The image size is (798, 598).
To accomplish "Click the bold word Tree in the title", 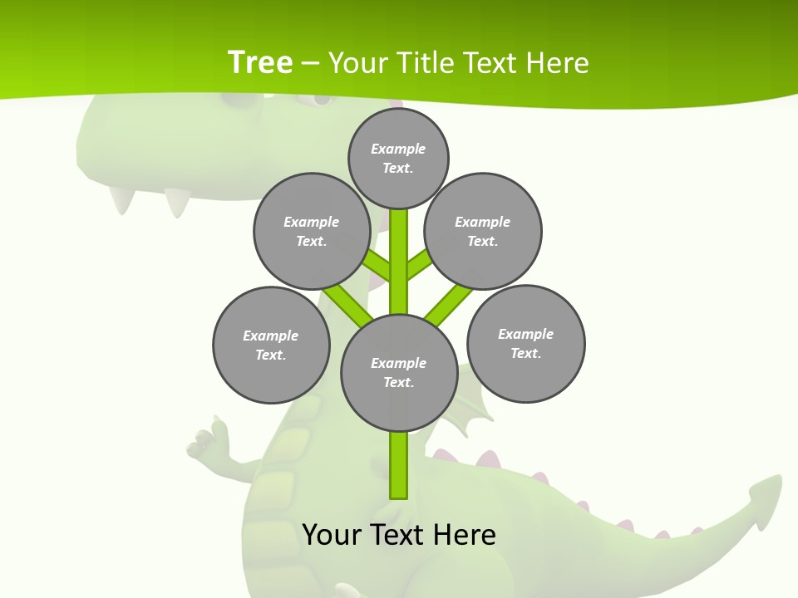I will [x=260, y=62].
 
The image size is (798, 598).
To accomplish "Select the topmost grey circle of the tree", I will [x=398, y=158].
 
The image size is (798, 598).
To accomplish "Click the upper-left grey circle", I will [x=311, y=231].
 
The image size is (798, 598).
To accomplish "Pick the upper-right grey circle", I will [x=483, y=231].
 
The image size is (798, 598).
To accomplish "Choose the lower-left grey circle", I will [x=271, y=345].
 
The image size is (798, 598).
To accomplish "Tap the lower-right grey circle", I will [x=525, y=343].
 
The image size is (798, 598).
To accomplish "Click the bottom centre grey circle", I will [x=399, y=372].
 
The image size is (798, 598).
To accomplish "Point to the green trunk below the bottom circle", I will [x=399, y=465].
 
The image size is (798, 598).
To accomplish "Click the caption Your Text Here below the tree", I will [x=399, y=534].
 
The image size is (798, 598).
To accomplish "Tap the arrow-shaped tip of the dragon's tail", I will [x=766, y=499].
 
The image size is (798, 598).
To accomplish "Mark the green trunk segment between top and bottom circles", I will [x=399, y=262].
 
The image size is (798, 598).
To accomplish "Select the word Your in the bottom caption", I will [x=332, y=534].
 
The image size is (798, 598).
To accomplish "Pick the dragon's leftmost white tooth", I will [x=123, y=199].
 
